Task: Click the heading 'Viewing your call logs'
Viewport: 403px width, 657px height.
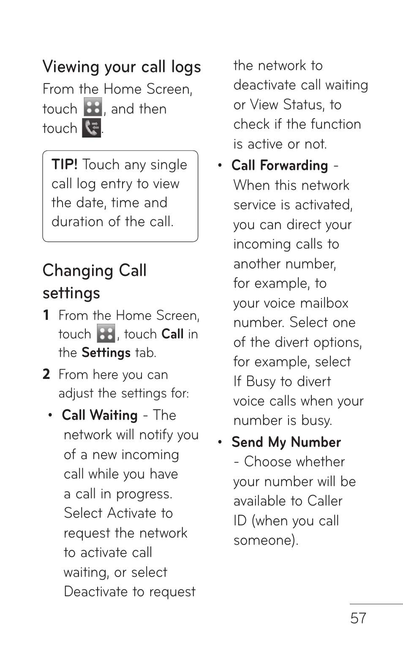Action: click(x=122, y=67)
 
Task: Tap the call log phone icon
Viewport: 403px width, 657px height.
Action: click(x=92, y=128)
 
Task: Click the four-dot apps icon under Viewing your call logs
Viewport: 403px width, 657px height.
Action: click(x=93, y=107)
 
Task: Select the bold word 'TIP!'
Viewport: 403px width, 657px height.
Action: click(x=65, y=164)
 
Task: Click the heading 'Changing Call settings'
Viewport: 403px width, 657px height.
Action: click(x=95, y=281)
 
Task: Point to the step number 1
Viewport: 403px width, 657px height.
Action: click(x=46, y=315)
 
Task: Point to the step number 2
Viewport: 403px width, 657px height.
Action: click(x=46, y=374)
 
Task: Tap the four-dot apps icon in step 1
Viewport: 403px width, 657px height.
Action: click(x=106, y=334)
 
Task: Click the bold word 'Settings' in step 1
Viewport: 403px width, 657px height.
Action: click(x=106, y=352)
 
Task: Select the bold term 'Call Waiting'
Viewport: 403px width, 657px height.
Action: click(x=100, y=415)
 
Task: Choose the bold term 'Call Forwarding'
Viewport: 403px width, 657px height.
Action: click(x=280, y=165)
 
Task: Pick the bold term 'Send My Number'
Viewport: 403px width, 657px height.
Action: click(x=286, y=442)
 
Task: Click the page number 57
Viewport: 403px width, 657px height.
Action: click(x=358, y=618)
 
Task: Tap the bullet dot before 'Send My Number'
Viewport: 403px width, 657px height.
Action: click(x=220, y=442)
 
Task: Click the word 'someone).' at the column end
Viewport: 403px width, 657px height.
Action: click(x=266, y=540)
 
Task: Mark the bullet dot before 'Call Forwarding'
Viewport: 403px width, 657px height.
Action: click(x=220, y=165)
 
